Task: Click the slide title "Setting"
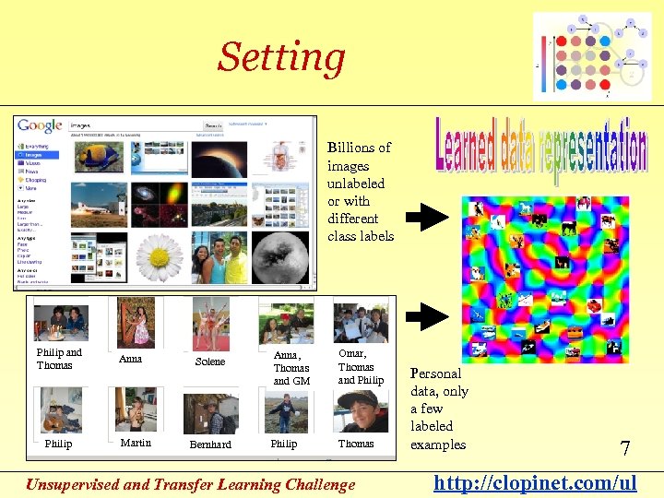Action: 281,57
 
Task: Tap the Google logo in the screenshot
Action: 41,126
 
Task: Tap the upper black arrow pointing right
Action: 427,218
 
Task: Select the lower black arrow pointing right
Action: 427,316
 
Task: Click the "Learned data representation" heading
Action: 541,153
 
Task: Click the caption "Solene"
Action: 210,362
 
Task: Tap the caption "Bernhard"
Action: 210,445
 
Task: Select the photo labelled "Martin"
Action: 135,409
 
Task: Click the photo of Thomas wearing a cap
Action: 359,409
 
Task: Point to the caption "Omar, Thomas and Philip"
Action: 360,367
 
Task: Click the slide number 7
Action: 624,449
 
